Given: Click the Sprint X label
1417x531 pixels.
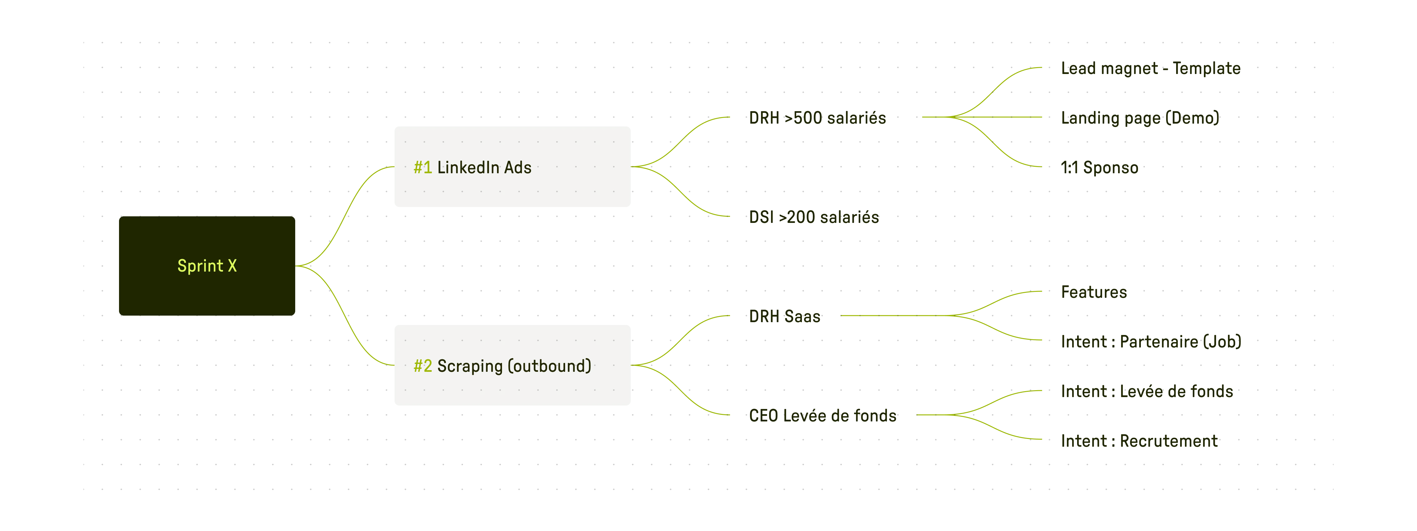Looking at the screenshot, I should click(x=207, y=266).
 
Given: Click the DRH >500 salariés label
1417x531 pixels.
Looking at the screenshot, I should click(x=818, y=118).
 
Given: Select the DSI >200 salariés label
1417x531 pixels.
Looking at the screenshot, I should click(x=814, y=217).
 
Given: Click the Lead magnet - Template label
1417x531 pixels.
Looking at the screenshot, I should click(x=1151, y=69).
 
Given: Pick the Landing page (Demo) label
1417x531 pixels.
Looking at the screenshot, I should click(x=1140, y=118).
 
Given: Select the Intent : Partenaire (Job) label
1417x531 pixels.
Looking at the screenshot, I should click(x=1151, y=342).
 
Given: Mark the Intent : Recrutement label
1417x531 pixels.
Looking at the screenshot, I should click(x=1140, y=440).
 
